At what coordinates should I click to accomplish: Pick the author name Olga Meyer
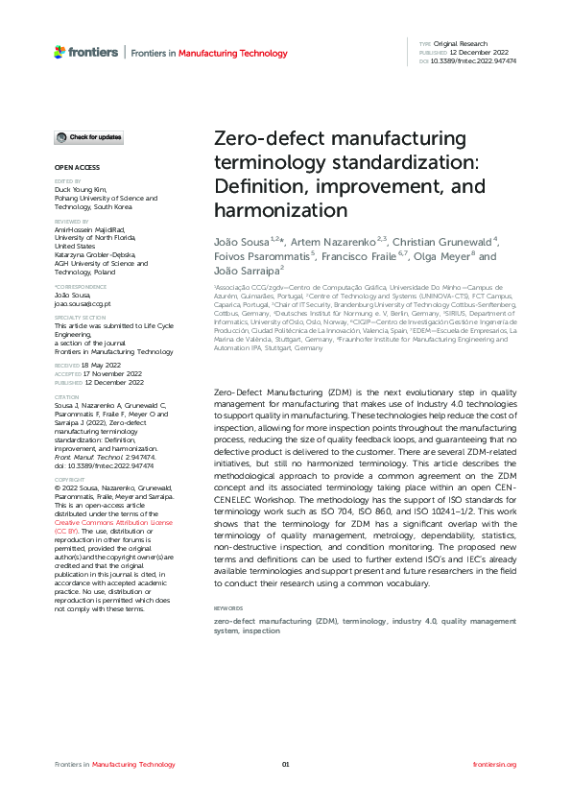[447, 256]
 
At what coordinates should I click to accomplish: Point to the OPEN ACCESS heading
[71, 168]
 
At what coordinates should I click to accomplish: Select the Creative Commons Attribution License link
[113, 522]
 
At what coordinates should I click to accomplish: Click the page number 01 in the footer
[285, 764]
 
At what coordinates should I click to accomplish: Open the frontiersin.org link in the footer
[495, 764]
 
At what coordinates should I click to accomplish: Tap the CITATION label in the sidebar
[66, 396]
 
